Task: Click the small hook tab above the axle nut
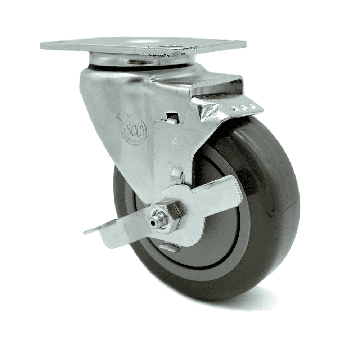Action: (x=176, y=175)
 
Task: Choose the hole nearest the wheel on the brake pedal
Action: (x=252, y=107)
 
